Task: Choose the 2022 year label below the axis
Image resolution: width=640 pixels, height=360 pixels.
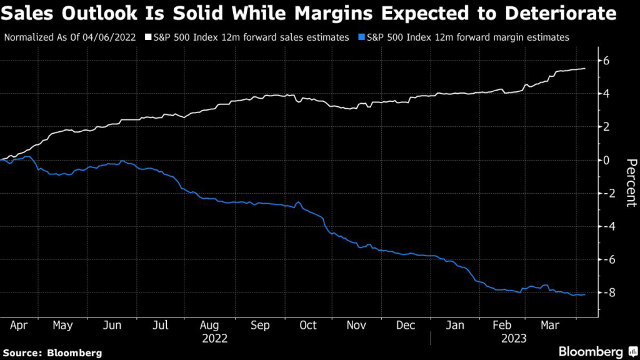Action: click(x=215, y=338)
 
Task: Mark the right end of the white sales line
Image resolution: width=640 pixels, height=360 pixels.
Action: click(x=585, y=69)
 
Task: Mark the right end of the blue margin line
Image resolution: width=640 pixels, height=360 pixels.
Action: click(x=585, y=294)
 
